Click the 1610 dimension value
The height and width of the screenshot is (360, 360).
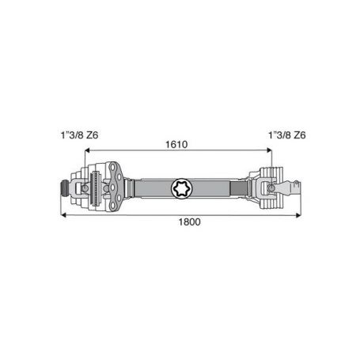coord(176,145)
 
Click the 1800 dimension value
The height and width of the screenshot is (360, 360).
coord(189,222)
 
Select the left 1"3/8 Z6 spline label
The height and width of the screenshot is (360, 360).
coord(79,135)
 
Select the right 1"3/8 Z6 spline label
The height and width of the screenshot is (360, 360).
coord(287,135)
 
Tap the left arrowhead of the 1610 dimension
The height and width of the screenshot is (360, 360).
coord(87,150)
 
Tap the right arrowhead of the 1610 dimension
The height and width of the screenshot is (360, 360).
coord(269,150)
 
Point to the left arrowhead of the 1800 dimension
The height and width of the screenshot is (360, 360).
coord(63,215)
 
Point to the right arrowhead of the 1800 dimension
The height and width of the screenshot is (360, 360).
coord(298,215)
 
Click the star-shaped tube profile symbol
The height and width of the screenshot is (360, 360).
coord(182,188)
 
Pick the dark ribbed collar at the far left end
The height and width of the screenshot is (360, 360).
coord(64,188)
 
